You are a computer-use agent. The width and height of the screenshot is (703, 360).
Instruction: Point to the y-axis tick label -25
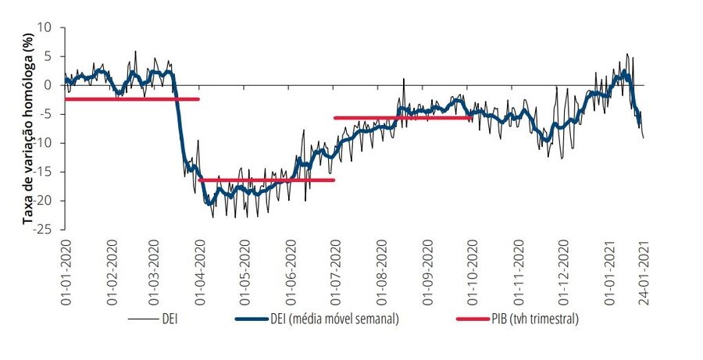(x=44, y=229)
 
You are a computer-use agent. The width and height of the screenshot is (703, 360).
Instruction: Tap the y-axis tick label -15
(x=44, y=172)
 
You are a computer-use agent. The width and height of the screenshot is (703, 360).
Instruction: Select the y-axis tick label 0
(x=49, y=85)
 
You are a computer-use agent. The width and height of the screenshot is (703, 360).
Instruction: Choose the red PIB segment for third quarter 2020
(x=402, y=118)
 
